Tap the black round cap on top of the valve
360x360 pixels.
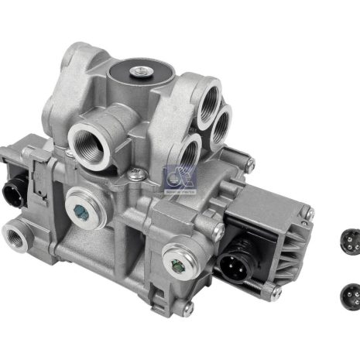point(139,76)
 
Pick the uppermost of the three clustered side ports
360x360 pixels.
point(208,106)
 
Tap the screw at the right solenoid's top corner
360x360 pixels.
point(309,213)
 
